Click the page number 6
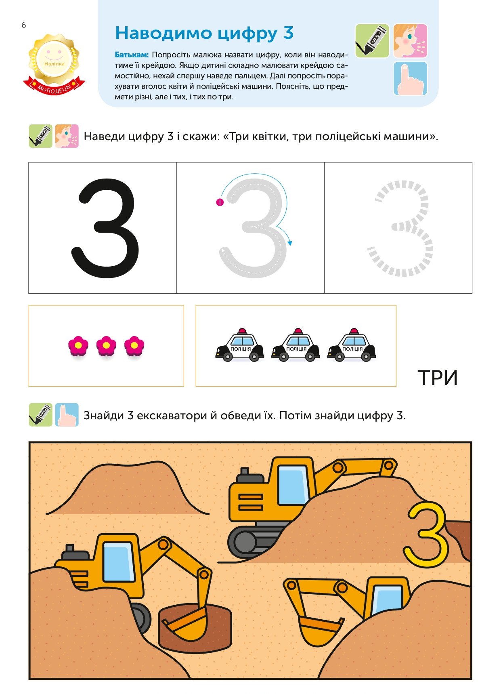pyautogui.click(x=24, y=25)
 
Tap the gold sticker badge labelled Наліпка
pyautogui.click(x=54, y=59)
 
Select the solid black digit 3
pyautogui.click(x=105, y=228)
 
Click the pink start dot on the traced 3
pyautogui.click(x=220, y=202)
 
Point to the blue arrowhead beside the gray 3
pyautogui.click(x=290, y=243)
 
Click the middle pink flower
pyautogui.click(x=106, y=346)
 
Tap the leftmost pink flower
pyautogui.click(x=78, y=346)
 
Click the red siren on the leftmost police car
pyautogui.click(x=242, y=330)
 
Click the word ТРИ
pyautogui.click(x=438, y=378)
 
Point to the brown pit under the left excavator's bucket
pyautogui.click(x=196, y=628)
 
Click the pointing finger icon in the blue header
pyautogui.click(x=410, y=78)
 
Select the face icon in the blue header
pyautogui.click(x=410, y=41)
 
